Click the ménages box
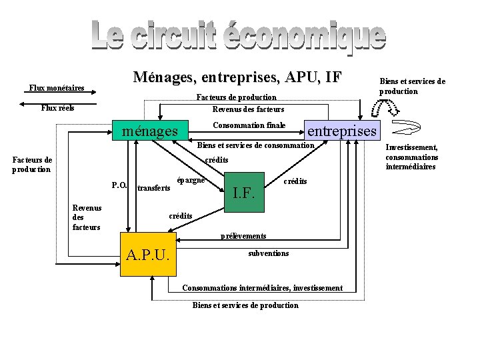(x=150, y=131)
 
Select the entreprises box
(x=341, y=131)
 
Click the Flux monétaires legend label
(x=56, y=87)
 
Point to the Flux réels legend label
(x=57, y=108)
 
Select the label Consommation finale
(x=249, y=125)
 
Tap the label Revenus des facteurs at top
(x=248, y=109)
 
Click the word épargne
(x=190, y=180)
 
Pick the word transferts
(x=153, y=189)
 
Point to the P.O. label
(x=120, y=185)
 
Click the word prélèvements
(x=243, y=236)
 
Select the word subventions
(x=269, y=253)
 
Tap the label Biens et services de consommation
(x=255, y=145)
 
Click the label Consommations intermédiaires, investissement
(x=263, y=288)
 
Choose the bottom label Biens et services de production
(x=245, y=305)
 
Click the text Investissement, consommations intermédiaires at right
(x=412, y=157)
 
